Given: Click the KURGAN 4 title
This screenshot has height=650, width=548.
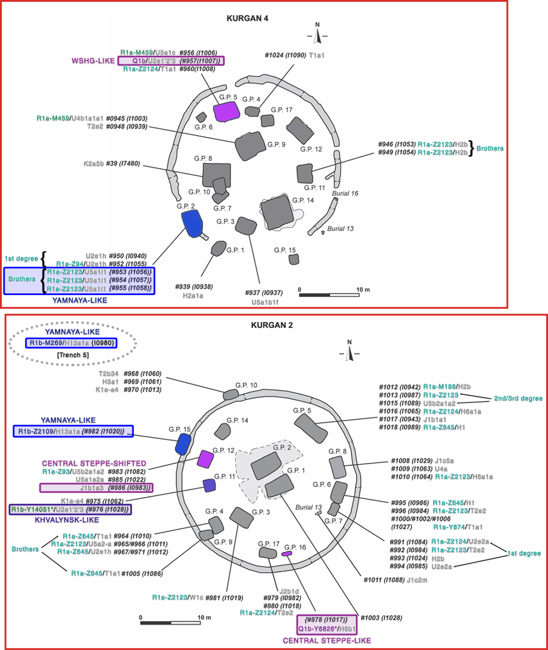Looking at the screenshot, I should point(247,18).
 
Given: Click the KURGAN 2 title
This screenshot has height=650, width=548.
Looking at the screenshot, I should point(272,325).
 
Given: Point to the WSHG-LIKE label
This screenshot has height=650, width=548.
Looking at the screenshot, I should point(93,61).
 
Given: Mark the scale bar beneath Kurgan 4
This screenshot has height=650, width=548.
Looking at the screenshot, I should point(329,295).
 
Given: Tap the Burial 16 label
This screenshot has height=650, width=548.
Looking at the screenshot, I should point(345,193).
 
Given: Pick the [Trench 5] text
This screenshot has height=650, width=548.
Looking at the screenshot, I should point(73,355).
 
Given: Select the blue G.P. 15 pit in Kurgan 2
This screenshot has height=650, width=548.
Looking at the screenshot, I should point(183,443).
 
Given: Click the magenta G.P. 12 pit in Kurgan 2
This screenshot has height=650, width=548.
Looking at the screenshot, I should point(204,459).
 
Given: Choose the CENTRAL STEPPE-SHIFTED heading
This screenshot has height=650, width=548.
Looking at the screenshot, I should point(94,463).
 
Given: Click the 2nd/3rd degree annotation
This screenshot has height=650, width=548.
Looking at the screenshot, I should point(518,398).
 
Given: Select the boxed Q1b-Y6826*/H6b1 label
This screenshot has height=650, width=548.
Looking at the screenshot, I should point(327,629).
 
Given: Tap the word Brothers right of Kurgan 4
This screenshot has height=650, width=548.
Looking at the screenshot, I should point(490,149).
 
